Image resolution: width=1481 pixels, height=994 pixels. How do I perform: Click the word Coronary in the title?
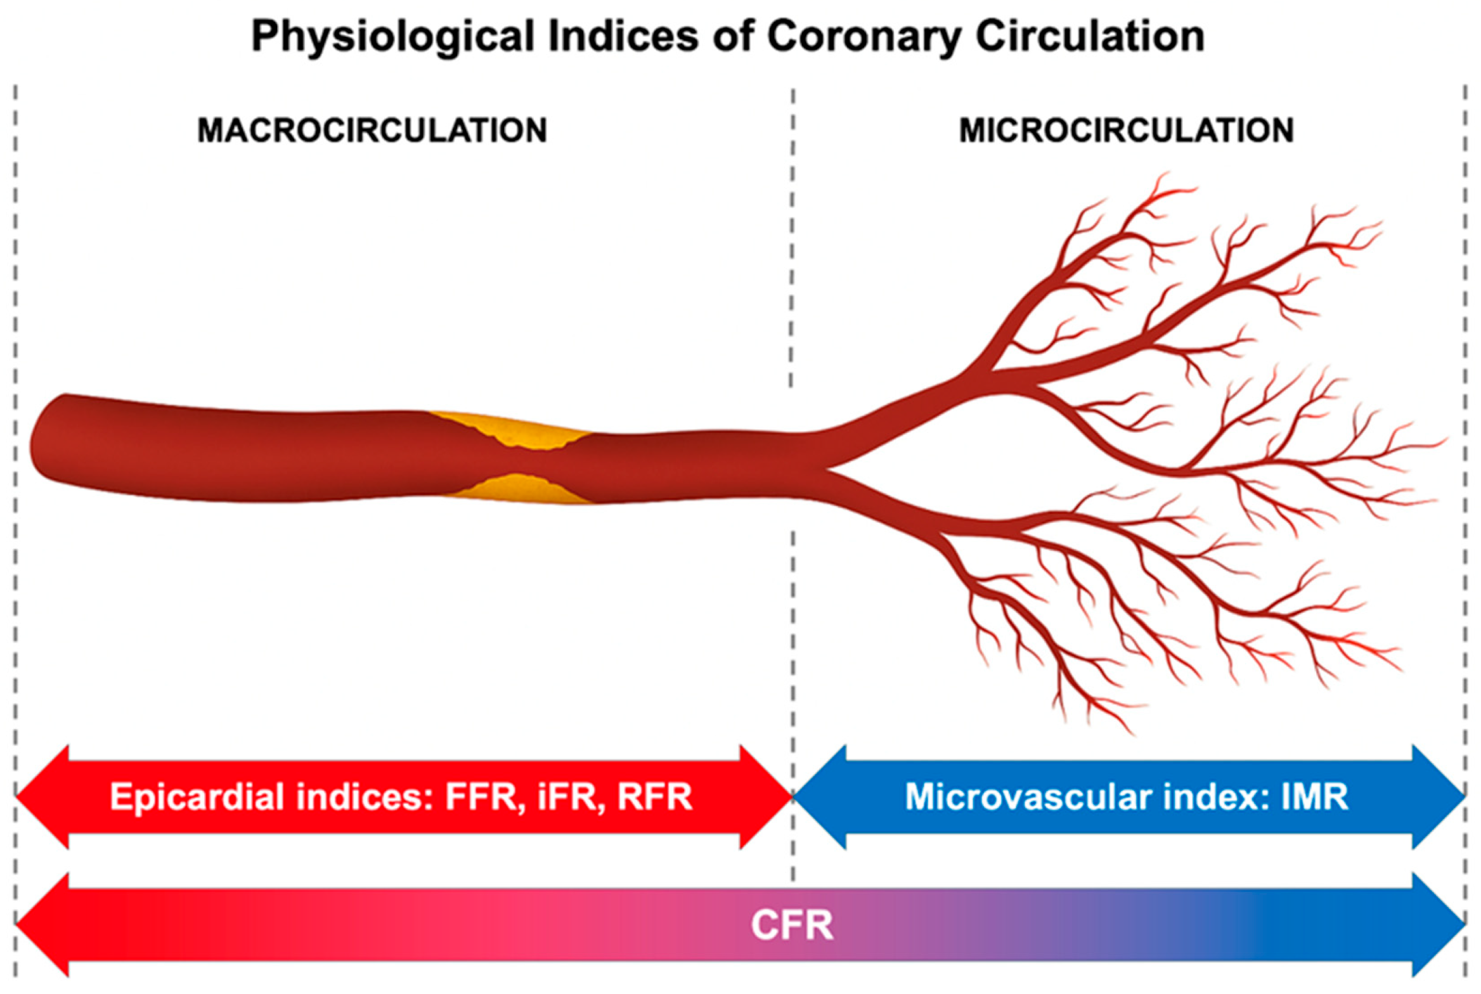(x=864, y=37)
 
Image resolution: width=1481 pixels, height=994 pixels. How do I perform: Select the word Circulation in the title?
(x=1090, y=35)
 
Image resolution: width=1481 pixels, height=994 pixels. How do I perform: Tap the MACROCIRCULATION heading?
(x=372, y=131)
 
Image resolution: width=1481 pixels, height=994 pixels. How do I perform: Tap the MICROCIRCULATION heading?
(x=1127, y=131)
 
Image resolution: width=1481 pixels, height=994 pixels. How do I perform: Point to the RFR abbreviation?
(x=654, y=797)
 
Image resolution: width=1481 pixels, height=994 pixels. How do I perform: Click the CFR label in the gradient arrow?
(x=792, y=926)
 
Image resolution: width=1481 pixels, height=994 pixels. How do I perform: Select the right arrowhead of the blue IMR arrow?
(x=1439, y=797)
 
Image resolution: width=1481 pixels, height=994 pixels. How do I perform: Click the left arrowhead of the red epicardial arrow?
(x=42, y=797)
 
